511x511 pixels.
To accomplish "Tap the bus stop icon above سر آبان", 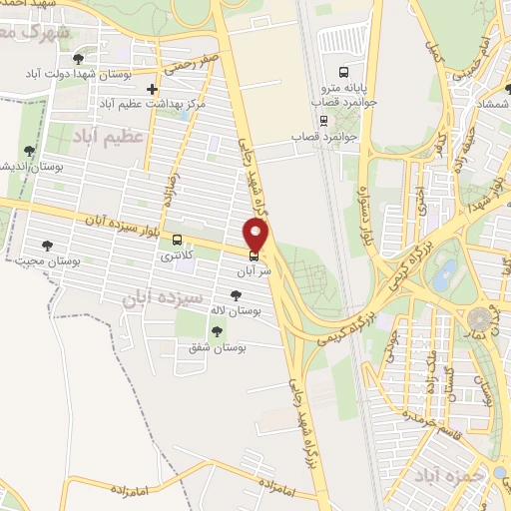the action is (254, 255).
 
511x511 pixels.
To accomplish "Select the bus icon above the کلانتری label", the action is (177, 241).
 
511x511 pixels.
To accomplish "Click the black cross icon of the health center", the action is (152, 89).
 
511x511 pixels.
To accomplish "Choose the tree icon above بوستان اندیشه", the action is (29, 151).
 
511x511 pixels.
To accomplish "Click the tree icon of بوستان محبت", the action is (47, 246).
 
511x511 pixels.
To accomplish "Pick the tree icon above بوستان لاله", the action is (236, 295).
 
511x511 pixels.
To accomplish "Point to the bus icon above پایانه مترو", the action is (343, 72).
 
